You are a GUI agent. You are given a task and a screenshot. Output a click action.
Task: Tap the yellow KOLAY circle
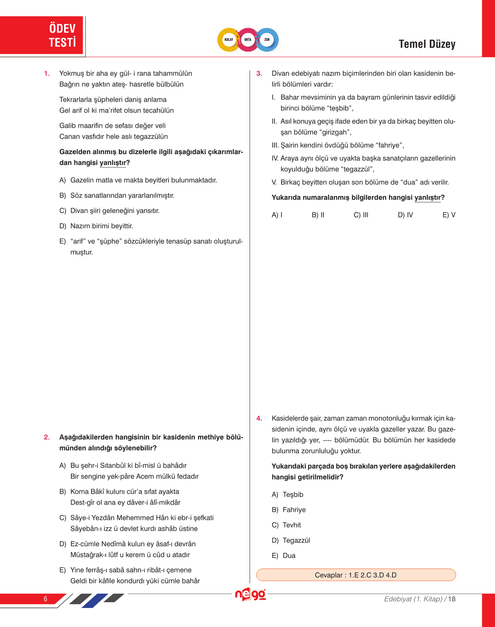pos(229,40)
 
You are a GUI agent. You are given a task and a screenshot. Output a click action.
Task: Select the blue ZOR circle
pos(267,40)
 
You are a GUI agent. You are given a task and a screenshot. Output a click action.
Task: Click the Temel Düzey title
pos(427,44)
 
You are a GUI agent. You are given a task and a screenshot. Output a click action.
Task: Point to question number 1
pos(47,74)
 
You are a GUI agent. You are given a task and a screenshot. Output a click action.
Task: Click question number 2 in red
pos(47,437)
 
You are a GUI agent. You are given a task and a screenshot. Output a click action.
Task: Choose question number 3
pos(259,74)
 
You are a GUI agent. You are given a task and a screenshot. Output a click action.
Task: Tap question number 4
pos(259,419)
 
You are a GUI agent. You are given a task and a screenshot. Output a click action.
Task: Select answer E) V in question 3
pos(449,215)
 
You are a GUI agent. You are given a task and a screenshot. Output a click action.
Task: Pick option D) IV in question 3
pos(405,215)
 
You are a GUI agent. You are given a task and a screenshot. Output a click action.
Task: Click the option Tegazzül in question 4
pos(296,540)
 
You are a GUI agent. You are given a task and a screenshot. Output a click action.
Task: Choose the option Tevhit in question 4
pos(292,525)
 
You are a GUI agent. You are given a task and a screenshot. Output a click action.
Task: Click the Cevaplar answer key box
pos(356,575)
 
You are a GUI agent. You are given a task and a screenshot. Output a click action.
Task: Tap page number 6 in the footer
pos(45,599)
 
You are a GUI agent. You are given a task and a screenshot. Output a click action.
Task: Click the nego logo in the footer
pos(250,595)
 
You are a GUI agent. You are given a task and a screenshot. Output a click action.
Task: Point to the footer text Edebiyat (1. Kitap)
pos(413,599)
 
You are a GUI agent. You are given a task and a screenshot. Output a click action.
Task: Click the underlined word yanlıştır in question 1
pos(113,163)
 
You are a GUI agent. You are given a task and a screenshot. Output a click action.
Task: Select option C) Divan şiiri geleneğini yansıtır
pos(115,211)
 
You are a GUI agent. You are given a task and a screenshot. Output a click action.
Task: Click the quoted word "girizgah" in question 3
pos(336,132)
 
